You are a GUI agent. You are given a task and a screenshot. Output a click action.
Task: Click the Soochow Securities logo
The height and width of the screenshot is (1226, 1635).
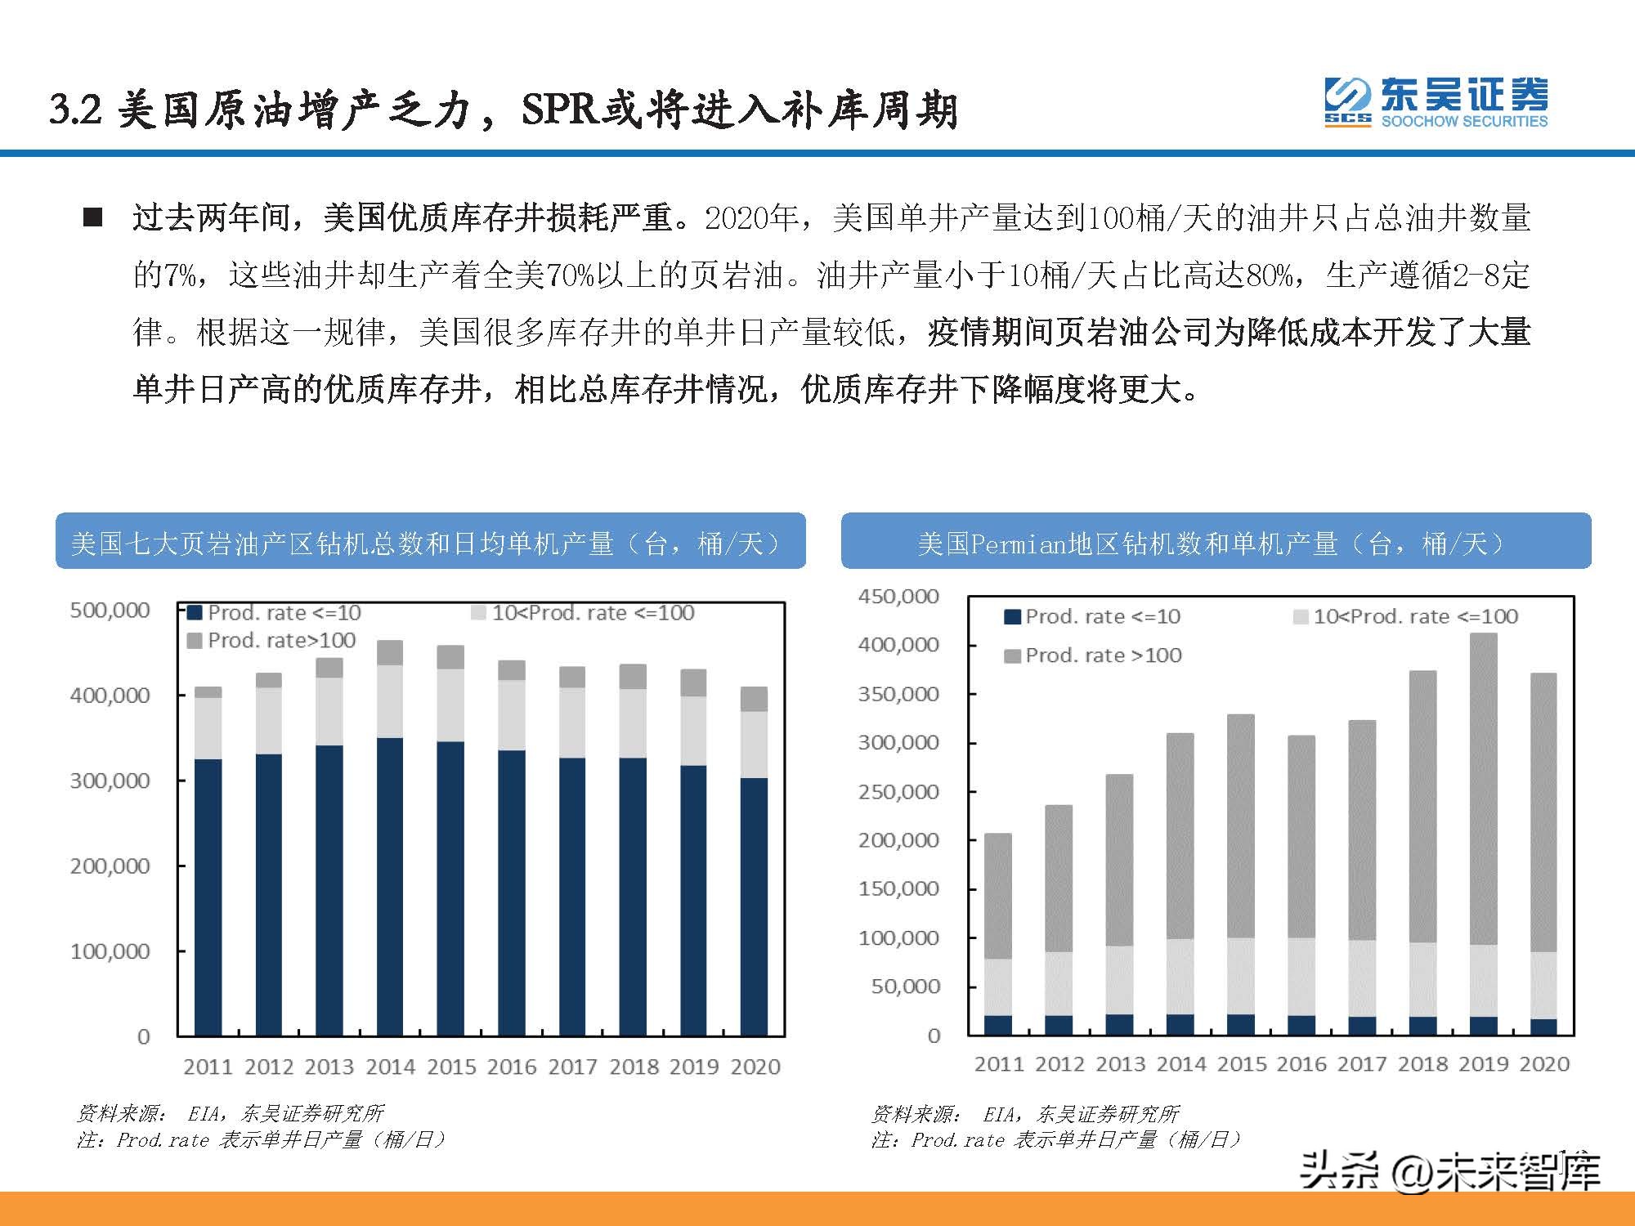pos(1436,103)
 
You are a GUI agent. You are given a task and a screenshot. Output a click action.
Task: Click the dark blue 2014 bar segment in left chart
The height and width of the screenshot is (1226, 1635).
pos(390,887)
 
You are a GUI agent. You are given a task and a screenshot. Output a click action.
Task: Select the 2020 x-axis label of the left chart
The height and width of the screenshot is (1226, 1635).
pos(755,1067)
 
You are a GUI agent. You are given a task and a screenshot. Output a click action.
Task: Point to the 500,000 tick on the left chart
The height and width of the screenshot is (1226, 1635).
pos(110,610)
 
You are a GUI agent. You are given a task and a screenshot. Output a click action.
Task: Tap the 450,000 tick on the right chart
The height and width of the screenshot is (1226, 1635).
pos(898,597)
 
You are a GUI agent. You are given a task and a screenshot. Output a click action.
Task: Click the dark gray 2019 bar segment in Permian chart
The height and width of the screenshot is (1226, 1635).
pos(1483,789)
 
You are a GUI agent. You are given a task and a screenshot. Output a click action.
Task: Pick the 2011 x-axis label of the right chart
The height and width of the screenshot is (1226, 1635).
pos(998,1064)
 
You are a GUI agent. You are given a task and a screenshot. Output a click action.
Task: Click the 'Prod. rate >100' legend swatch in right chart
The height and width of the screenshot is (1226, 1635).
pos(1012,656)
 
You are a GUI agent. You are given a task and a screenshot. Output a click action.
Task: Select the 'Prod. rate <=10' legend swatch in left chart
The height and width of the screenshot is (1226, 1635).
pos(195,613)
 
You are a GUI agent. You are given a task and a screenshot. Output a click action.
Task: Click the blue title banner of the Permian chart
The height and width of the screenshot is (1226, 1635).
pos(1216,541)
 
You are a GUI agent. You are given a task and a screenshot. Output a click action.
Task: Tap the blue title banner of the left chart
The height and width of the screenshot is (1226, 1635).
pos(430,541)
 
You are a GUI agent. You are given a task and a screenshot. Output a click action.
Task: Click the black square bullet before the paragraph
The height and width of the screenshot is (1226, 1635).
pos(92,217)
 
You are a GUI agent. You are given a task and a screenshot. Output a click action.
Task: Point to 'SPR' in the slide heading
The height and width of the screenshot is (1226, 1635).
pos(560,110)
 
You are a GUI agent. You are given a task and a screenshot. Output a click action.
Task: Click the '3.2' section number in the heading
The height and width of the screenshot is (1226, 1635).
pos(75,110)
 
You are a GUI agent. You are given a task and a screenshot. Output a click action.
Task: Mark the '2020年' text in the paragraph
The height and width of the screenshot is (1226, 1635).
pos(750,218)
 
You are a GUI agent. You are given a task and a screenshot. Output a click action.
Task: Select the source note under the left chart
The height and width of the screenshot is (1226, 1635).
pos(230,1113)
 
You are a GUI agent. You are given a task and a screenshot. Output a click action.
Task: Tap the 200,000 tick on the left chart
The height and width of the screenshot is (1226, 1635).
pos(110,866)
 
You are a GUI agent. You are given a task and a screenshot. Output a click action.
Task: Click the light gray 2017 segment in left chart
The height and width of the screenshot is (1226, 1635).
pos(572,723)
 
